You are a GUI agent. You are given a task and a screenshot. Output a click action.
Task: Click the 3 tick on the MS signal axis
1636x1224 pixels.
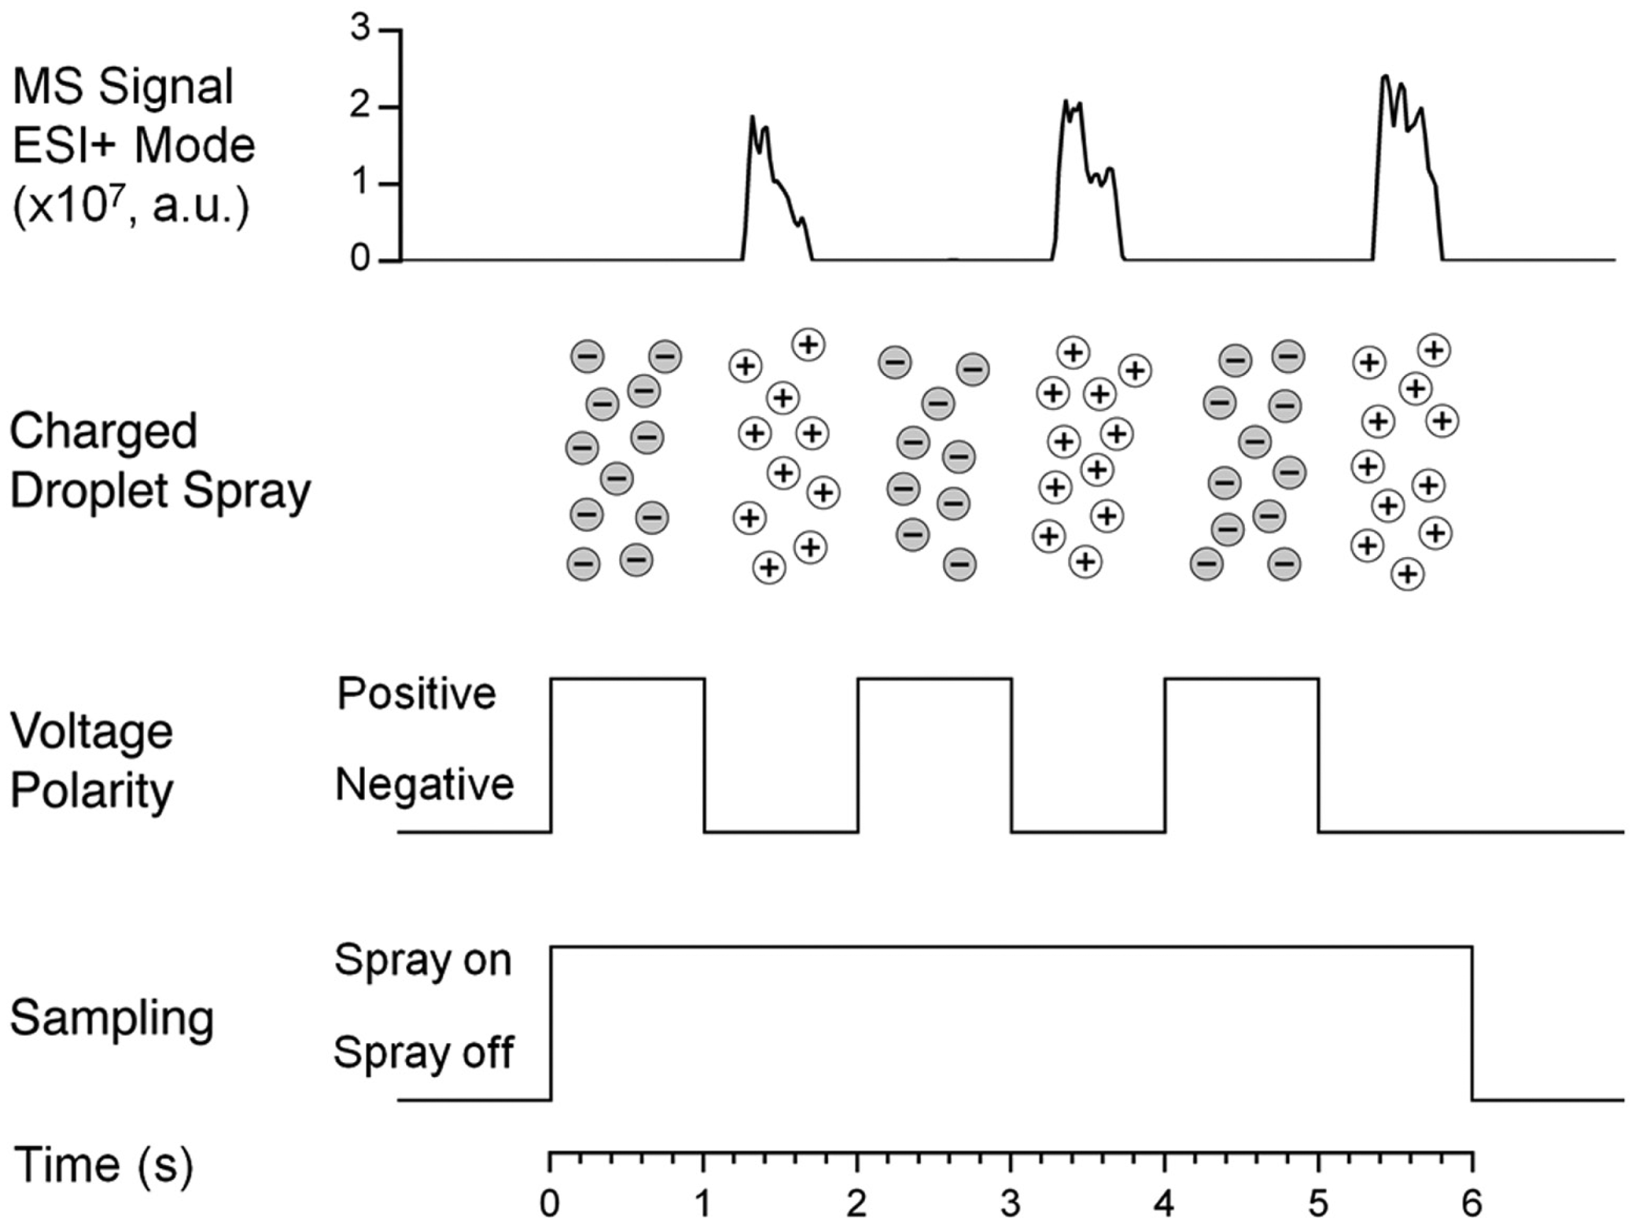pyautogui.click(x=394, y=30)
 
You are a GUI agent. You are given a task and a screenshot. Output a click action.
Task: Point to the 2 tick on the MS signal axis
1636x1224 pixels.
pyautogui.click(x=394, y=107)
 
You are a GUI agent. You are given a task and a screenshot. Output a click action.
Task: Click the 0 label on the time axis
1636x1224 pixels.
pyautogui.click(x=549, y=1204)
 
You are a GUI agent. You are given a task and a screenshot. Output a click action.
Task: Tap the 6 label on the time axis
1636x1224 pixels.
pyautogui.click(x=1472, y=1204)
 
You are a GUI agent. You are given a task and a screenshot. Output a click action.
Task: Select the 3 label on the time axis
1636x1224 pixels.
pyautogui.click(x=1011, y=1204)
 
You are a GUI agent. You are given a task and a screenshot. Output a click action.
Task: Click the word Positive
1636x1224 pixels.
pyautogui.click(x=416, y=693)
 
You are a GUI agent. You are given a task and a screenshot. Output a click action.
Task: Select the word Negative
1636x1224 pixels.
pyautogui.click(x=424, y=785)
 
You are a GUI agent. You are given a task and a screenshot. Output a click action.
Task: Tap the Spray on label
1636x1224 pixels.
pyautogui.click(x=423, y=961)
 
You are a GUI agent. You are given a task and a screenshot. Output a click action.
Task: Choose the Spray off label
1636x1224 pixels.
pyautogui.click(x=424, y=1052)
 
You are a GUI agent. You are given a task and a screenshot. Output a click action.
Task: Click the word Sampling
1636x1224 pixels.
pyautogui.click(x=112, y=1020)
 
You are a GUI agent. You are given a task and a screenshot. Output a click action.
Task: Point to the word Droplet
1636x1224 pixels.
pyautogui.click(x=90, y=491)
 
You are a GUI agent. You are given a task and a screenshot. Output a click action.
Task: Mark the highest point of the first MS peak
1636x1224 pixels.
pyautogui.click(x=752, y=117)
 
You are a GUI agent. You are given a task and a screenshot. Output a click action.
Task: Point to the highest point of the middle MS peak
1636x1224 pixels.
pyautogui.click(x=1066, y=101)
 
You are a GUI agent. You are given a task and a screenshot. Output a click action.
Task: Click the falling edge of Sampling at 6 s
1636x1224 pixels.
pyautogui.click(x=1472, y=1023)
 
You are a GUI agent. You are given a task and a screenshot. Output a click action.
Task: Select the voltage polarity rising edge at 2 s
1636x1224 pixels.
pyautogui.click(x=858, y=755)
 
